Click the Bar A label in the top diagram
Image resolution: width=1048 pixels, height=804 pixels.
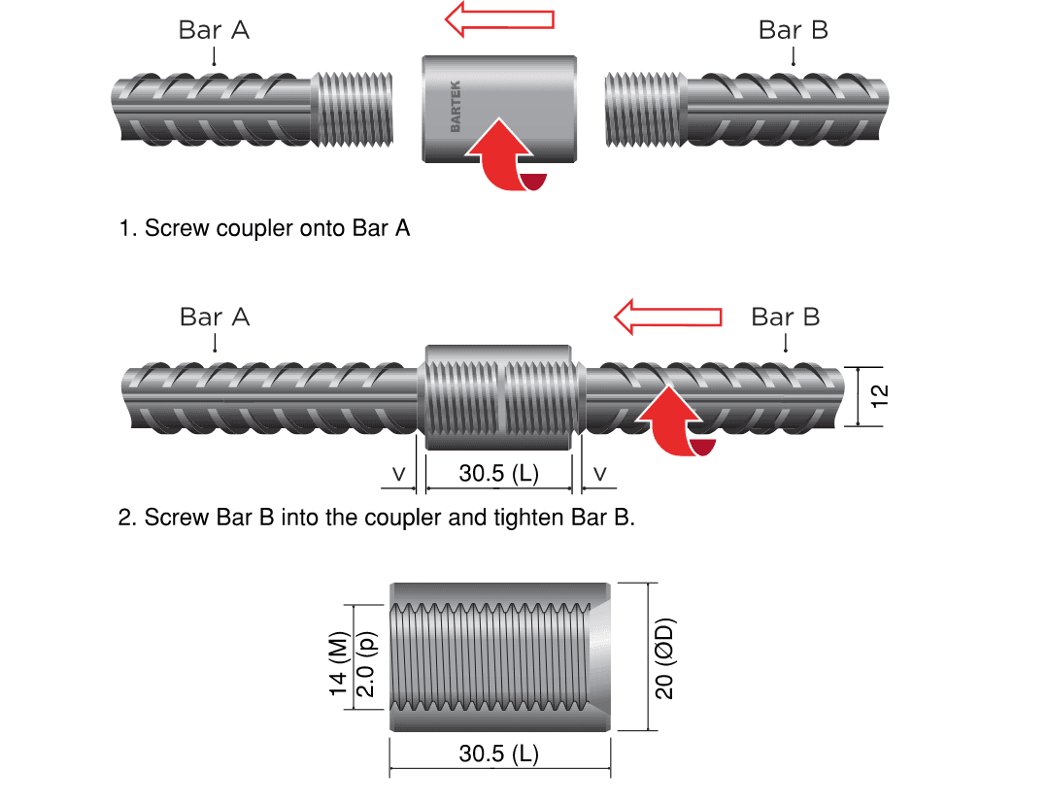[x=214, y=30]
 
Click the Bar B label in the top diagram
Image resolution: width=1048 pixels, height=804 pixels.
[x=793, y=30]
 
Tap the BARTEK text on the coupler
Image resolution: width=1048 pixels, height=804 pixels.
[x=456, y=107]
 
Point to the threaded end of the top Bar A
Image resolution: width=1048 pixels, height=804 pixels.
[x=355, y=107]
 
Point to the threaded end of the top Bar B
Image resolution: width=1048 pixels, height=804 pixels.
[x=646, y=107]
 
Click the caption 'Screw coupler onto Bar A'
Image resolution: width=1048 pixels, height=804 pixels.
[x=264, y=229]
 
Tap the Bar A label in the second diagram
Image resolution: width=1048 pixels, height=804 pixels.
[x=215, y=318]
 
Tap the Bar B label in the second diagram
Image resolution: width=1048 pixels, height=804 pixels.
[x=786, y=318]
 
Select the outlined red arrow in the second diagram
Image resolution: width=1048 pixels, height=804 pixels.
[x=668, y=317]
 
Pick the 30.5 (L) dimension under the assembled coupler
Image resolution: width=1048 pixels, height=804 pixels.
[x=499, y=474]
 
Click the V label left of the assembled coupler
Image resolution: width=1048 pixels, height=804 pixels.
[x=398, y=474]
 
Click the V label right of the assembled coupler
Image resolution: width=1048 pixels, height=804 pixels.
[x=600, y=474]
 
